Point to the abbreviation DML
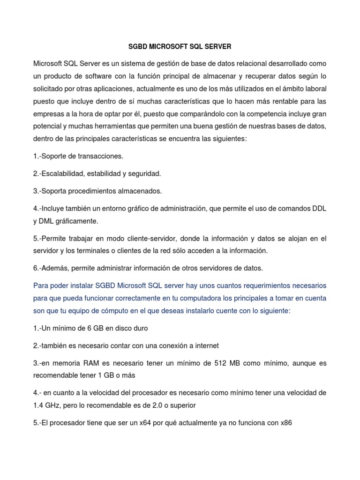pyautogui.click(x=50, y=221)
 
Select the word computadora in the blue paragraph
pyautogui.click(x=206, y=298)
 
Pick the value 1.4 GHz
pyautogui.click(x=47, y=405)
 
